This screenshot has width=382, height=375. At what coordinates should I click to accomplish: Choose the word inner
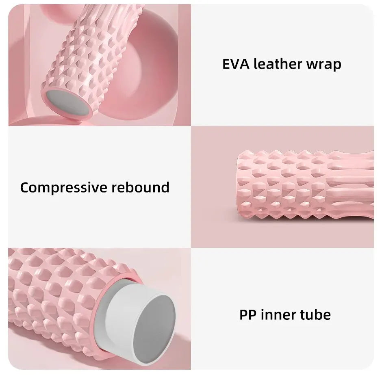click(x=276, y=314)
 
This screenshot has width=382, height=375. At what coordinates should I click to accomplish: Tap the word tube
click(x=315, y=314)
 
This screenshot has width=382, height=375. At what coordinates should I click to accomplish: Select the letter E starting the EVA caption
click(x=226, y=64)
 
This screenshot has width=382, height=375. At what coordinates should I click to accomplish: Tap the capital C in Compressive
click(x=25, y=188)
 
